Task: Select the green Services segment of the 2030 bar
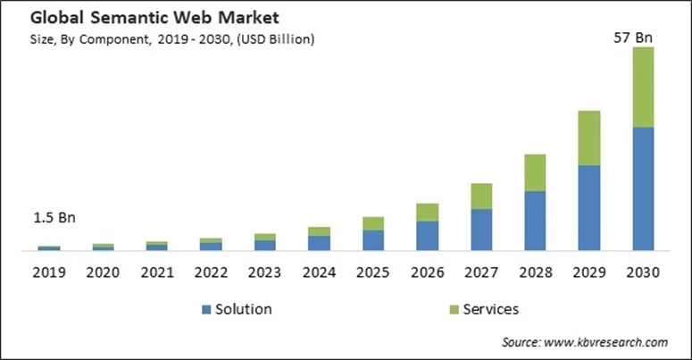pos(643,88)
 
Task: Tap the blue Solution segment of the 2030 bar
pos(643,188)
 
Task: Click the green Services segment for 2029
pos(588,138)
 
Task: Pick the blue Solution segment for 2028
pos(535,220)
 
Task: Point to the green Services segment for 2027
pos(481,197)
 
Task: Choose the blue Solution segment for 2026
pos(428,235)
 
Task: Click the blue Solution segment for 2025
pos(373,239)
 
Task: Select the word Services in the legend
pos(490,309)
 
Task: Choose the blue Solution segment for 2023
pos(265,245)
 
